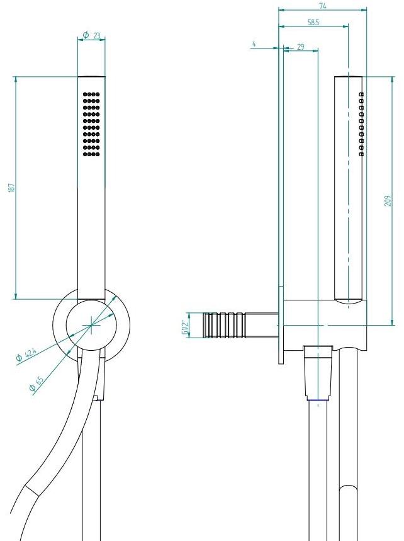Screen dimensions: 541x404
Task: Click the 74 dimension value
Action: pos(323,6)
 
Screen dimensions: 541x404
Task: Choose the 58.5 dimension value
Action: pos(313,22)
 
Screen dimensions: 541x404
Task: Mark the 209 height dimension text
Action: pos(388,200)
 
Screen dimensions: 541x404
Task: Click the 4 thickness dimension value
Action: pos(254,44)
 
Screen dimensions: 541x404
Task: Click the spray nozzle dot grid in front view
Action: pos(92,125)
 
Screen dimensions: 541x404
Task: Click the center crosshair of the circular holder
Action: pos(92,325)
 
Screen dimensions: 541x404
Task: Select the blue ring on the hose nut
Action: pos(318,400)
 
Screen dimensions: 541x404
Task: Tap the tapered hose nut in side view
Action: pos(318,372)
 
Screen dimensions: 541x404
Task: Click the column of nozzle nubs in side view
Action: pos(361,123)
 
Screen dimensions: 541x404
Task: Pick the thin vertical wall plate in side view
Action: pos(280,208)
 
